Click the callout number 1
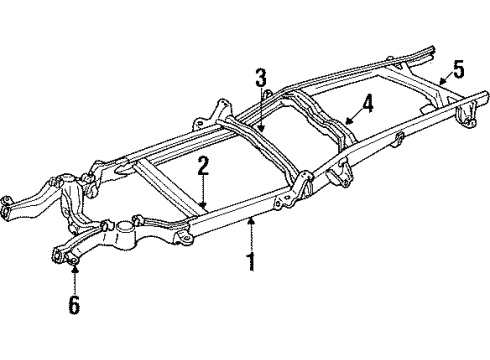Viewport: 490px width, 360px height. pyautogui.click(x=251, y=264)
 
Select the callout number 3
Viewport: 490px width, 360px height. pyautogui.click(x=260, y=79)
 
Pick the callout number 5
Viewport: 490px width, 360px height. pyautogui.click(x=457, y=69)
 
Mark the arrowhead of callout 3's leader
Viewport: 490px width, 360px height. pyautogui.click(x=262, y=133)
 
